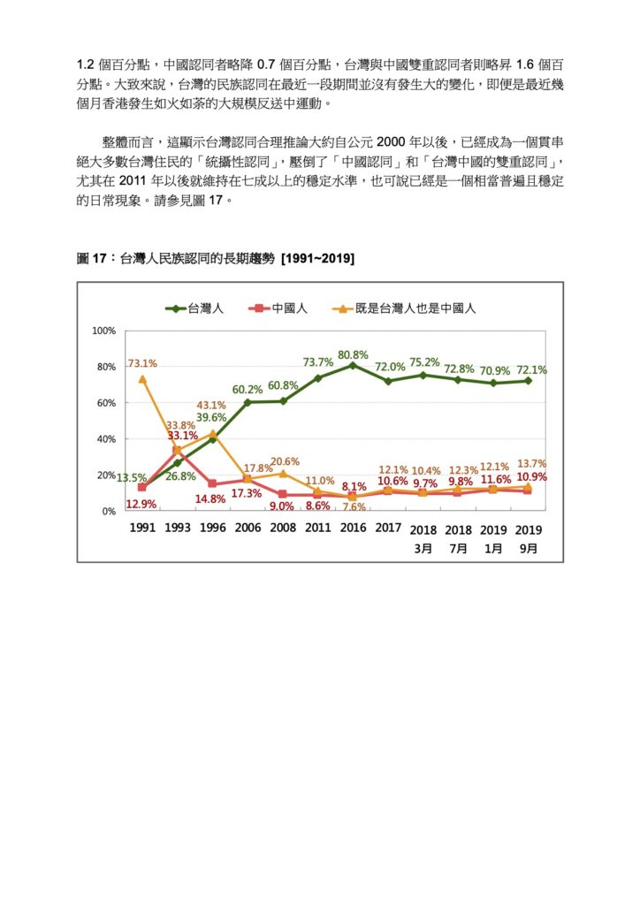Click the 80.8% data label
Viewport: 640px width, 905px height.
pyautogui.click(x=353, y=355)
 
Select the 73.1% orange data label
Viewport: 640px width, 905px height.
pyautogui.click(x=142, y=363)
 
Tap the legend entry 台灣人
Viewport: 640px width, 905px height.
pyautogui.click(x=194, y=308)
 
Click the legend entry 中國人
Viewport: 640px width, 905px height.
pyautogui.click(x=278, y=308)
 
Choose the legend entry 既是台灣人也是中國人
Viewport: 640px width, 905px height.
pyautogui.click(x=405, y=308)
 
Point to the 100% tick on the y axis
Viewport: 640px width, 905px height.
pyautogui.click(x=104, y=331)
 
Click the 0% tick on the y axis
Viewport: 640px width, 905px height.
pyautogui.click(x=109, y=512)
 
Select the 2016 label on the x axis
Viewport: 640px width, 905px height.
pyautogui.click(x=353, y=528)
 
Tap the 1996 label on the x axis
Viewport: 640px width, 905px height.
pyautogui.click(x=212, y=528)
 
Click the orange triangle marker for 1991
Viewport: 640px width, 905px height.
pyautogui.click(x=142, y=380)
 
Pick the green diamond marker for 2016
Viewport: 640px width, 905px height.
pyautogui.click(x=353, y=365)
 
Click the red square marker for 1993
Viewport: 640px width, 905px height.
pyautogui.click(x=177, y=451)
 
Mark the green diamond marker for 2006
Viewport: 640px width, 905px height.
pyautogui.click(x=248, y=402)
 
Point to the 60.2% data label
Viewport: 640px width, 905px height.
pyautogui.click(x=247, y=390)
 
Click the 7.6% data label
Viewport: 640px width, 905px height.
pyautogui.click(x=354, y=506)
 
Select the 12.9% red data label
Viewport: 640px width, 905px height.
pyautogui.click(x=141, y=504)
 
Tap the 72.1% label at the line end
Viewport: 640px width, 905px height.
pyautogui.click(x=531, y=370)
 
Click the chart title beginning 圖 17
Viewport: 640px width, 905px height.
pyautogui.click(x=216, y=259)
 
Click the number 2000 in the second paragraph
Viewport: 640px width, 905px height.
pyautogui.click(x=391, y=142)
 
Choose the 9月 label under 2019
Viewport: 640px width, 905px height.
pyautogui.click(x=528, y=548)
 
